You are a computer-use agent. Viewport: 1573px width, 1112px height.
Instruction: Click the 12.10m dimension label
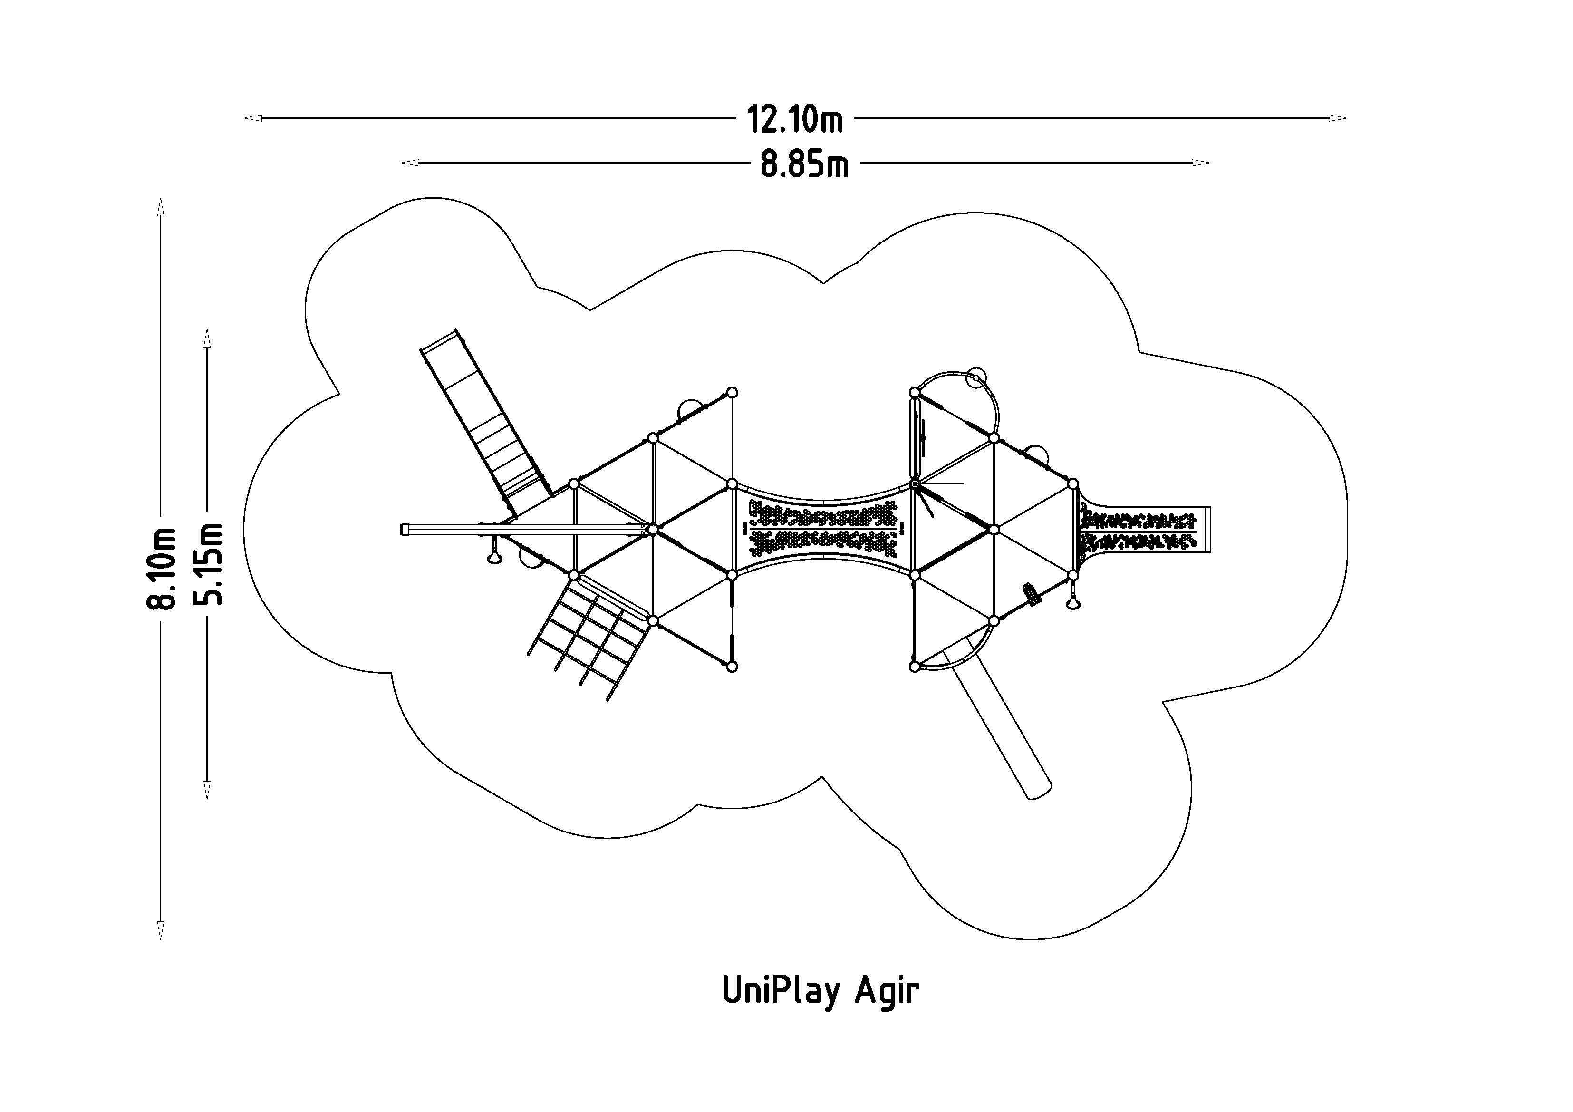pyautogui.click(x=795, y=118)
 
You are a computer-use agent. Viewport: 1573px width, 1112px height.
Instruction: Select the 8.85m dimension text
pyautogui.click(x=804, y=164)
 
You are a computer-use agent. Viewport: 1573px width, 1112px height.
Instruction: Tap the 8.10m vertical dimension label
pyautogui.click(x=162, y=568)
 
